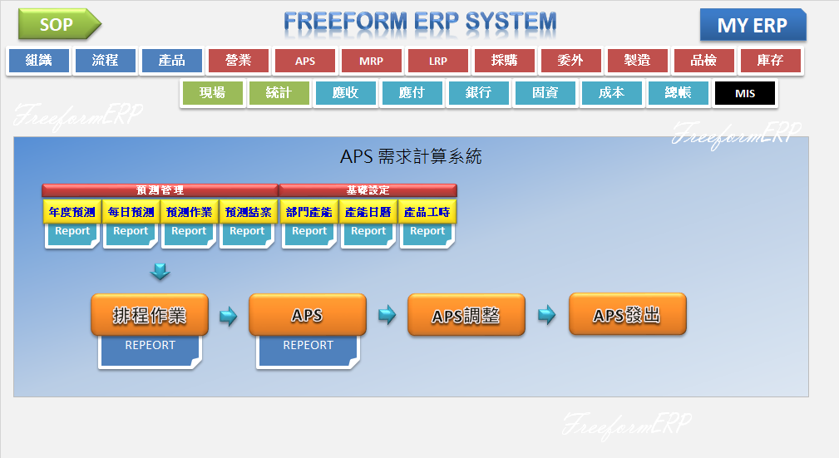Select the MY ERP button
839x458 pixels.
752,26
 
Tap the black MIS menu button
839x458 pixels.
744,93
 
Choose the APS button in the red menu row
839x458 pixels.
305,61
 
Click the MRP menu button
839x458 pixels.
372,61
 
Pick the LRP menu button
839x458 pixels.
438,61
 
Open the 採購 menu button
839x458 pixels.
505,61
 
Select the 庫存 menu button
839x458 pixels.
771,61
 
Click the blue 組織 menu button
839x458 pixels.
38,61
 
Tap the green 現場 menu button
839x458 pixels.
212,93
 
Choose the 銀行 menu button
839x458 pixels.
478,93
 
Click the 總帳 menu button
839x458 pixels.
678,93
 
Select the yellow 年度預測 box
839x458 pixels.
72,212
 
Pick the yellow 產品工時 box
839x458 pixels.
427,212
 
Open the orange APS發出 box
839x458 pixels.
627,315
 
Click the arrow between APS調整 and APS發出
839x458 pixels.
546,315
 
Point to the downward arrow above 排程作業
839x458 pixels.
160,271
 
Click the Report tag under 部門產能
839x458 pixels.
309,232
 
